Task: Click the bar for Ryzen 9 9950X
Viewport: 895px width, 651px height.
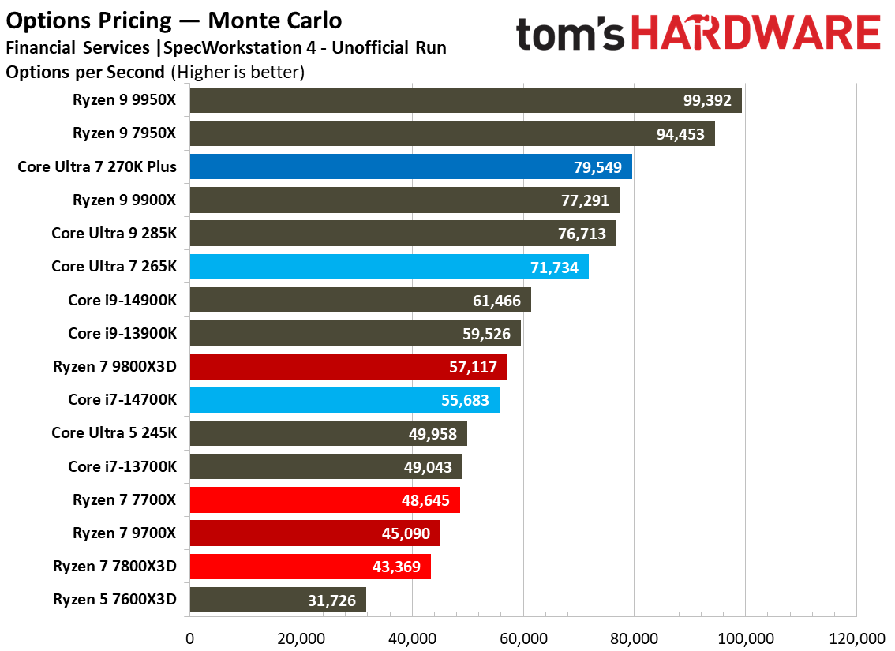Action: (x=466, y=100)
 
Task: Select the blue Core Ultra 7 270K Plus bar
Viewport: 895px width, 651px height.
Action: (x=410, y=167)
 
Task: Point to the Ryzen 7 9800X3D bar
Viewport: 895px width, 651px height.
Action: (x=348, y=367)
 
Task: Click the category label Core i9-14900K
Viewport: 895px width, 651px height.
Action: (x=122, y=300)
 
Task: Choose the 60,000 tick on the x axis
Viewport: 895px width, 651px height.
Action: (x=524, y=638)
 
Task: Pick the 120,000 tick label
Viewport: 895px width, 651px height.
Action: (x=856, y=638)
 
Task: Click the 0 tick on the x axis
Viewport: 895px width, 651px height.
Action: (x=189, y=638)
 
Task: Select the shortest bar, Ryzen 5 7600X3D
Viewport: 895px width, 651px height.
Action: (x=278, y=600)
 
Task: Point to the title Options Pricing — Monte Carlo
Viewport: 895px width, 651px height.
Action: (x=174, y=19)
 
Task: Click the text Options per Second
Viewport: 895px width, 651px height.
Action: (x=85, y=73)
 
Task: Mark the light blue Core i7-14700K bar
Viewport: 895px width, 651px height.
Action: (x=344, y=400)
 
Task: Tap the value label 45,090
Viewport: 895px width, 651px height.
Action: (x=406, y=534)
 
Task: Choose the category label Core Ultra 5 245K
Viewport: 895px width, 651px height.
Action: (x=114, y=432)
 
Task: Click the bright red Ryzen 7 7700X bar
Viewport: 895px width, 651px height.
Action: (x=324, y=500)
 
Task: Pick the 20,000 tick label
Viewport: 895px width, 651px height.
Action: (x=301, y=638)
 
